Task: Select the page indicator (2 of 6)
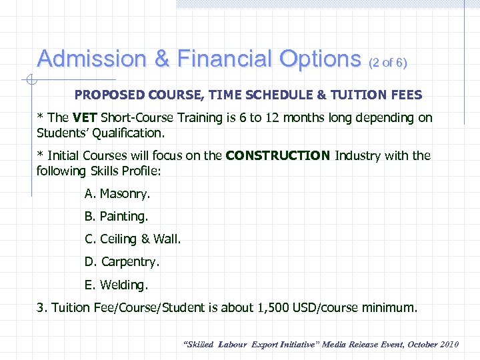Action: coord(387,63)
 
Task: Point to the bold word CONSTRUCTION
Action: coord(278,156)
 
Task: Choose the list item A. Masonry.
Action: coord(117,194)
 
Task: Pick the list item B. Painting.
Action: coord(116,217)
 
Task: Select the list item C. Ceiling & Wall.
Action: coord(133,239)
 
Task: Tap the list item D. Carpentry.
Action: coord(122,262)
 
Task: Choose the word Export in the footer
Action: coord(267,345)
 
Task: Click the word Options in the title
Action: coord(319,59)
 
